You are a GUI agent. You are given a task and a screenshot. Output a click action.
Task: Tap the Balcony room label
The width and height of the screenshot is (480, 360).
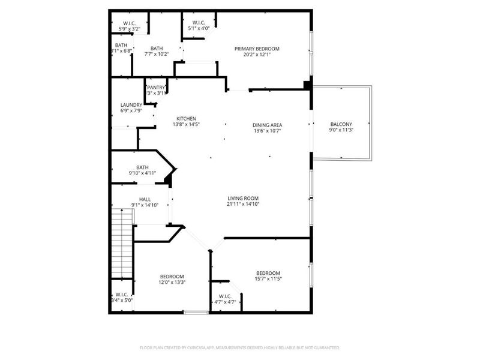[x=341, y=124]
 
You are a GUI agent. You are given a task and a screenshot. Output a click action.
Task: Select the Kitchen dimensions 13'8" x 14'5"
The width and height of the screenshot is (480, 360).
[x=185, y=124]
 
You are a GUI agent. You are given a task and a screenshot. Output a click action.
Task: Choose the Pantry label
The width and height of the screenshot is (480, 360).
[x=156, y=88]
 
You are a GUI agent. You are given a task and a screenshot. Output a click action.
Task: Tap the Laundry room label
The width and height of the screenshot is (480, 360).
[x=131, y=105]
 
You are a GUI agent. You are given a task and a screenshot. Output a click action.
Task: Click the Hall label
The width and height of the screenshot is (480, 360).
[x=145, y=199]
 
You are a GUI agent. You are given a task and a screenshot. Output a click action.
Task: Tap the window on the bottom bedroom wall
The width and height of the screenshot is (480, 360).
[x=196, y=312]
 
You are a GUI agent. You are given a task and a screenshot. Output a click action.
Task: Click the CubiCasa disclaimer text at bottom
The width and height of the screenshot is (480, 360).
[x=240, y=347]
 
